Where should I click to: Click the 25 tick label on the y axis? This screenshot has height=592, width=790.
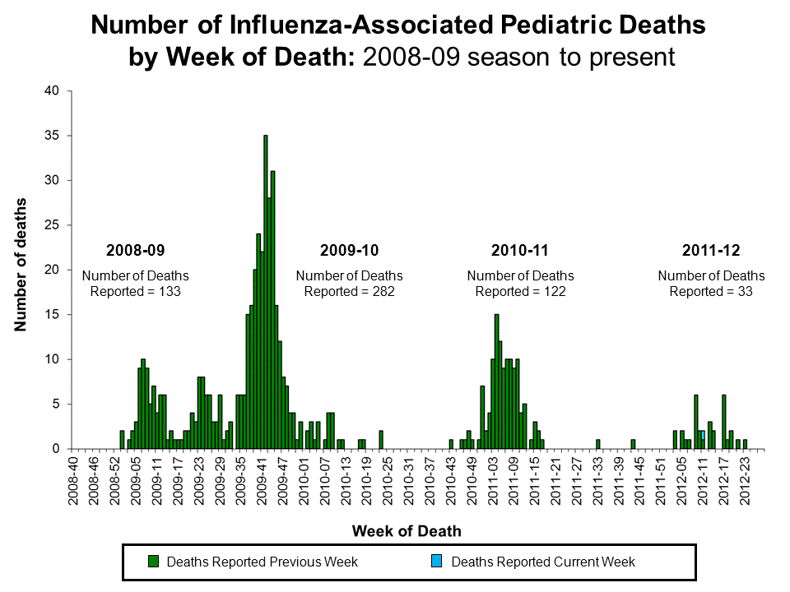(x=51, y=225)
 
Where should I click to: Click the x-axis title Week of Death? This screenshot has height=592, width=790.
(x=407, y=530)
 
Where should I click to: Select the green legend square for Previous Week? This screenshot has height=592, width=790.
(x=153, y=562)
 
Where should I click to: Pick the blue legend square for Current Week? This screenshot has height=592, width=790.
(x=437, y=562)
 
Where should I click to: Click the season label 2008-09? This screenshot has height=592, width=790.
(x=135, y=250)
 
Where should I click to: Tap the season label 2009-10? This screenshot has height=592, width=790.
(x=349, y=250)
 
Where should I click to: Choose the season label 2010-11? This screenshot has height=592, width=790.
(x=519, y=250)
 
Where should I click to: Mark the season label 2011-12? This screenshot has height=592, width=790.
(x=711, y=250)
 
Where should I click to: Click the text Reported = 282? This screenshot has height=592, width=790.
(x=350, y=291)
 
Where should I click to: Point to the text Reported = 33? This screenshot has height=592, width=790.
(x=711, y=291)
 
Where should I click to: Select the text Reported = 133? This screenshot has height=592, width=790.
(x=135, y=291)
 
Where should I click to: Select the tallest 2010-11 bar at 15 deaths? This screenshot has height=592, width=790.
(x=496, y=382)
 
